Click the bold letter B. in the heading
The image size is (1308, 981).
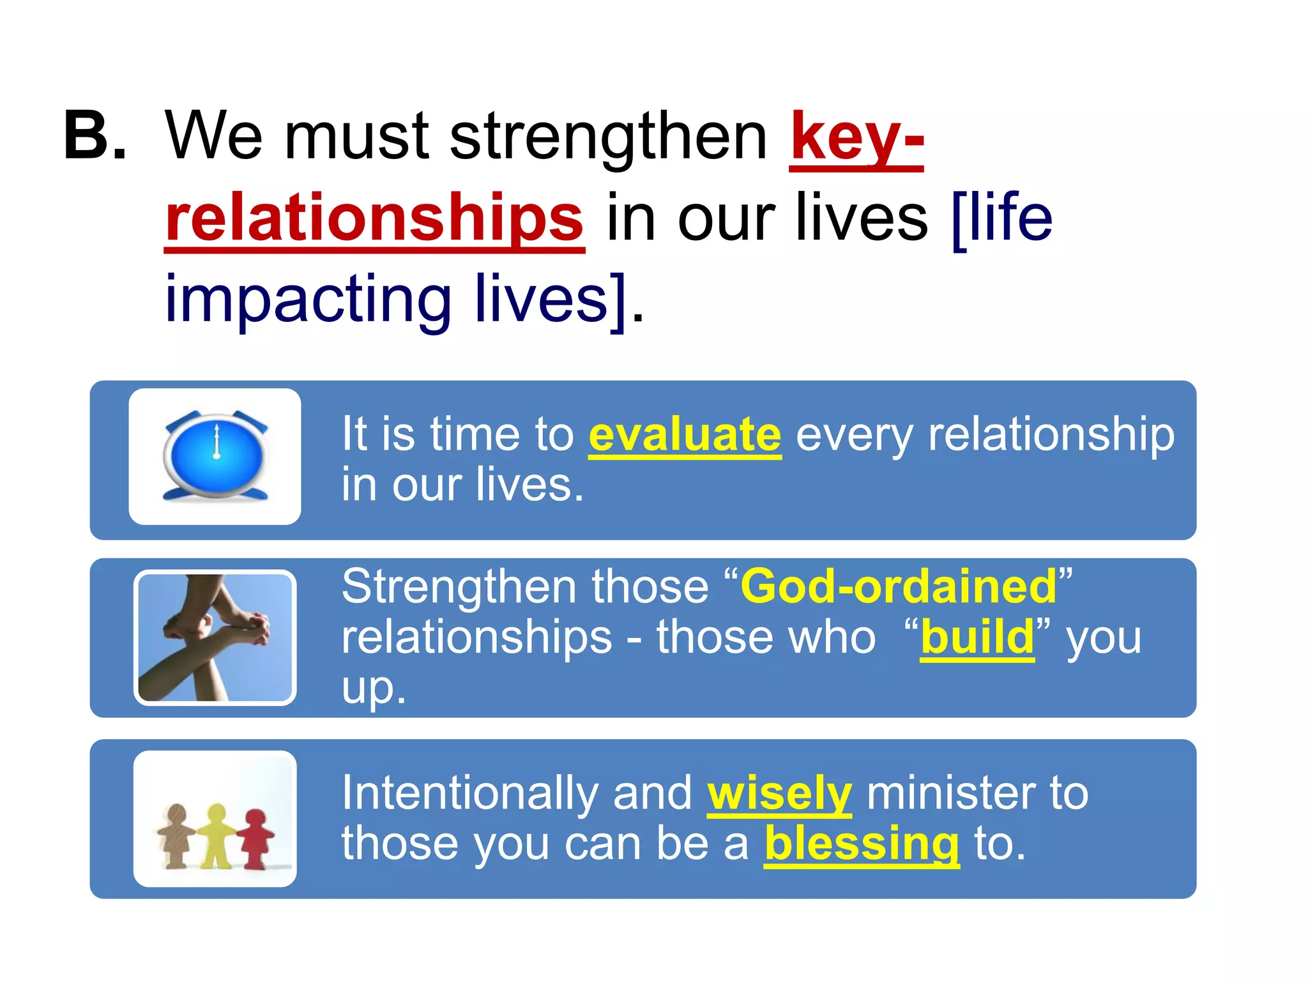coord(95,136)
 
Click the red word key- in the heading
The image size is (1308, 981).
coord(856,137)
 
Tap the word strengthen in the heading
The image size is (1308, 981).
coord(608,137)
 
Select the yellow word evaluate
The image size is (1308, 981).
coord(685,435)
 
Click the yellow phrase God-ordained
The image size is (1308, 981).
coord(898,586)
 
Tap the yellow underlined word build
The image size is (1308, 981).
coord(977,637)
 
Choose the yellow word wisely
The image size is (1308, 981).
coord(779,794)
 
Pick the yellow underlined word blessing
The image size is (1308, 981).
coord(862,844)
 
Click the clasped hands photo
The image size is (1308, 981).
coord(215,637)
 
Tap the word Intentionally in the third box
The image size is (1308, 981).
coord(469,794)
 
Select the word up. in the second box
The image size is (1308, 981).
coord(374,688)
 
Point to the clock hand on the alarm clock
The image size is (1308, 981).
coord(217,441)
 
